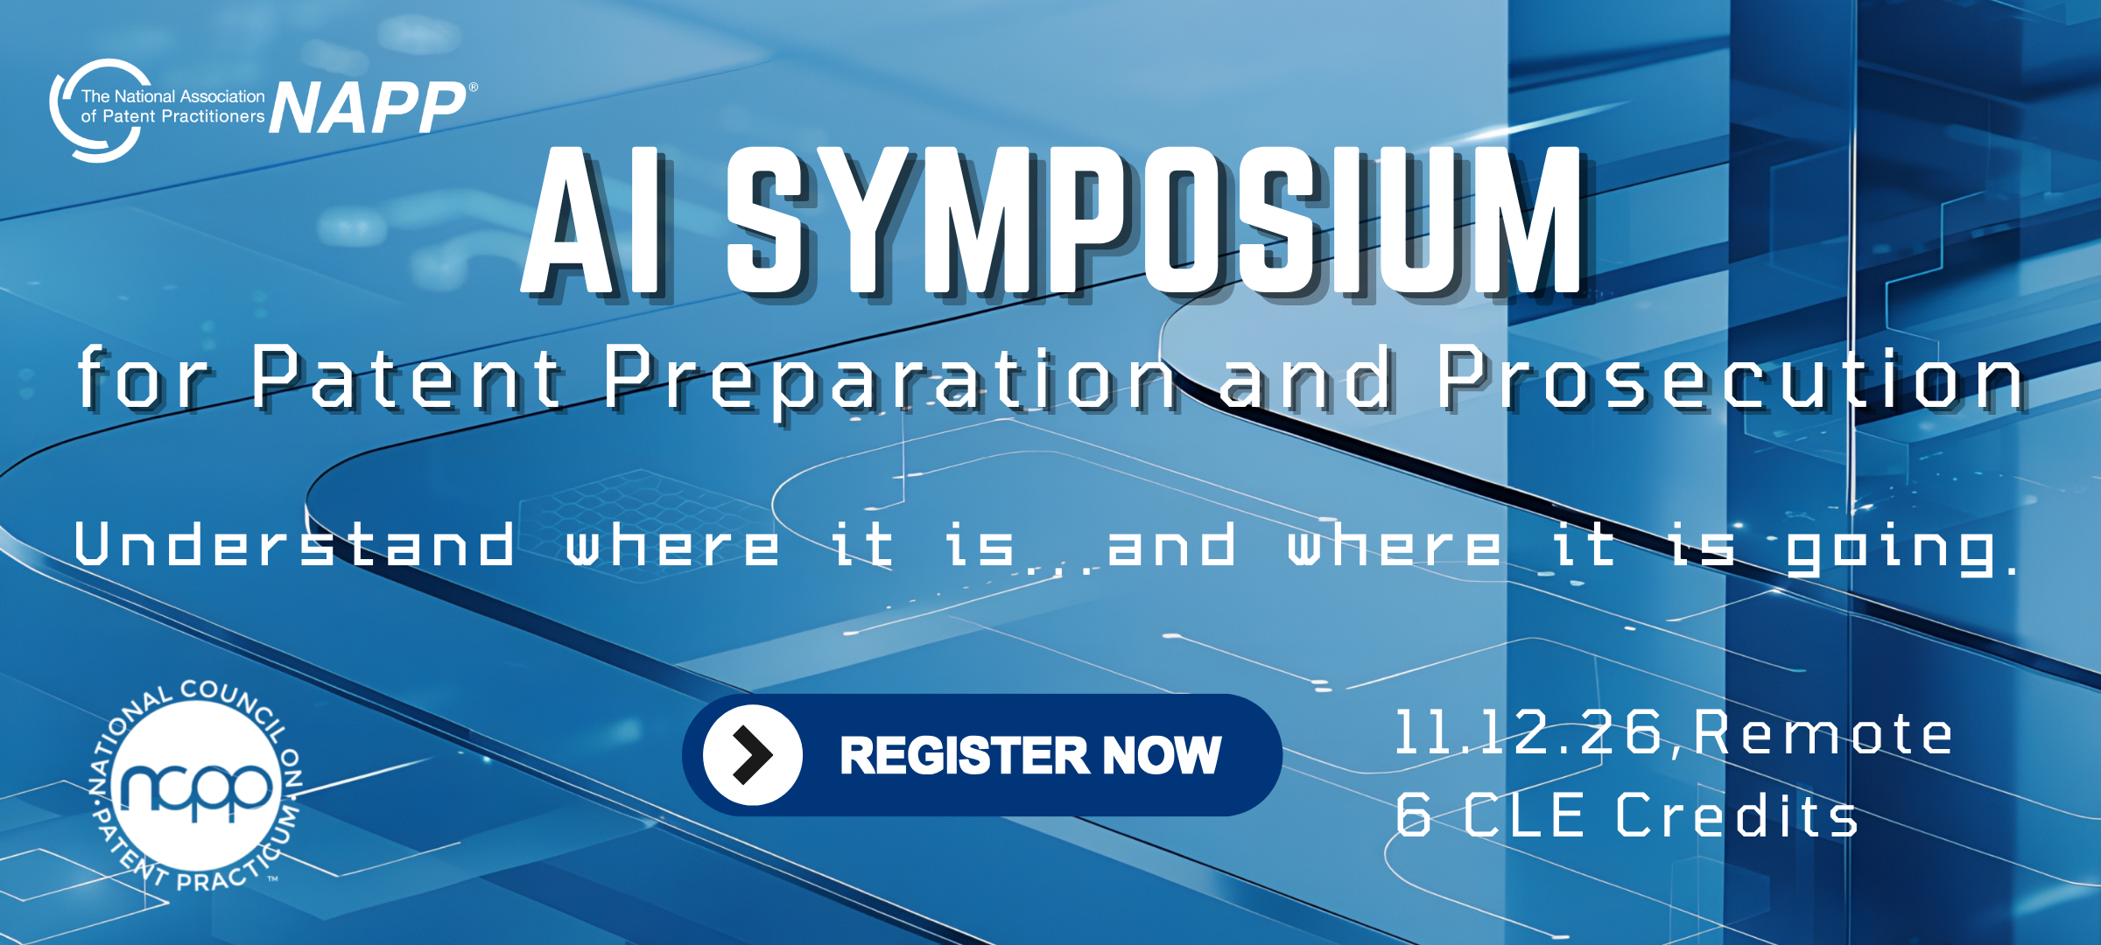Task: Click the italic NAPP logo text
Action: coord(368,108)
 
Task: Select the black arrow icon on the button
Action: coord(753,754)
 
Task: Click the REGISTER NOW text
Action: coord(1030,755)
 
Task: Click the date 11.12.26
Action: coord(1527,732)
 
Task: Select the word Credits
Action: coord(1736,815)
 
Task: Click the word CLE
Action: coord(1523,815)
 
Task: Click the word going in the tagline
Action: coord(1891,549)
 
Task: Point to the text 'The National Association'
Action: coord(172,96)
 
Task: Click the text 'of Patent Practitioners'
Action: coord(172,116)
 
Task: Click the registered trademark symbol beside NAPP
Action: coord(474,87)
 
